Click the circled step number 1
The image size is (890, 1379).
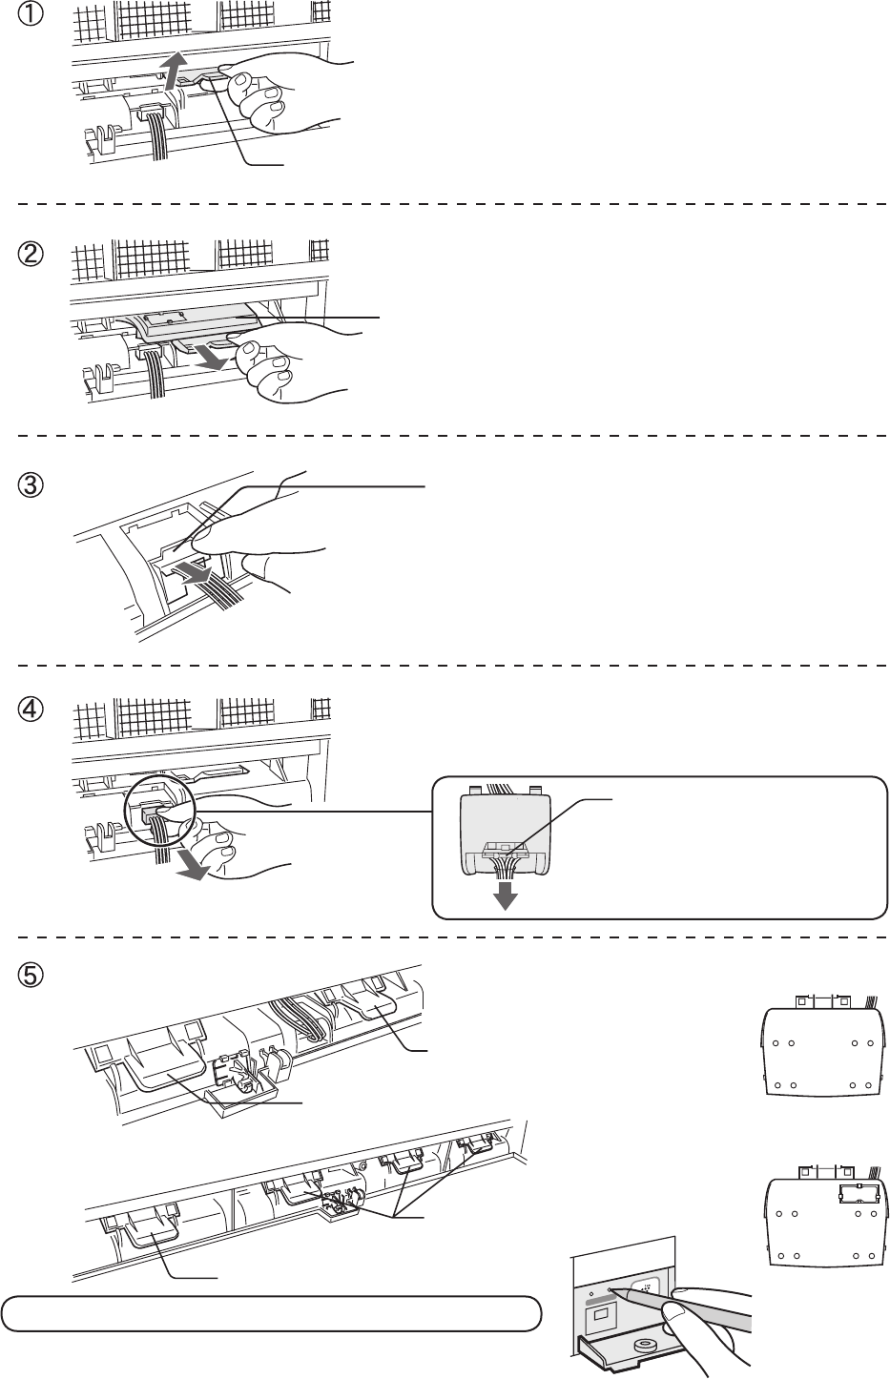coord(30,14)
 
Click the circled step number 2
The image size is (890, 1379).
coord(30,254)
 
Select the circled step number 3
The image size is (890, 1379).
coord(30,485)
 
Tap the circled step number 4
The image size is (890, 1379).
coord(30,710)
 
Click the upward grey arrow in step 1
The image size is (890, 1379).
coord(176,71)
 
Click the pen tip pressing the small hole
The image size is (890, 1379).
coord(612,1289)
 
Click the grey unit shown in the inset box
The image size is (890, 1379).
coord(506,832)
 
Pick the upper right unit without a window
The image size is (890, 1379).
coord(822,1046)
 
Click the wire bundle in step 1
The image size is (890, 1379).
coord(159,134)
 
